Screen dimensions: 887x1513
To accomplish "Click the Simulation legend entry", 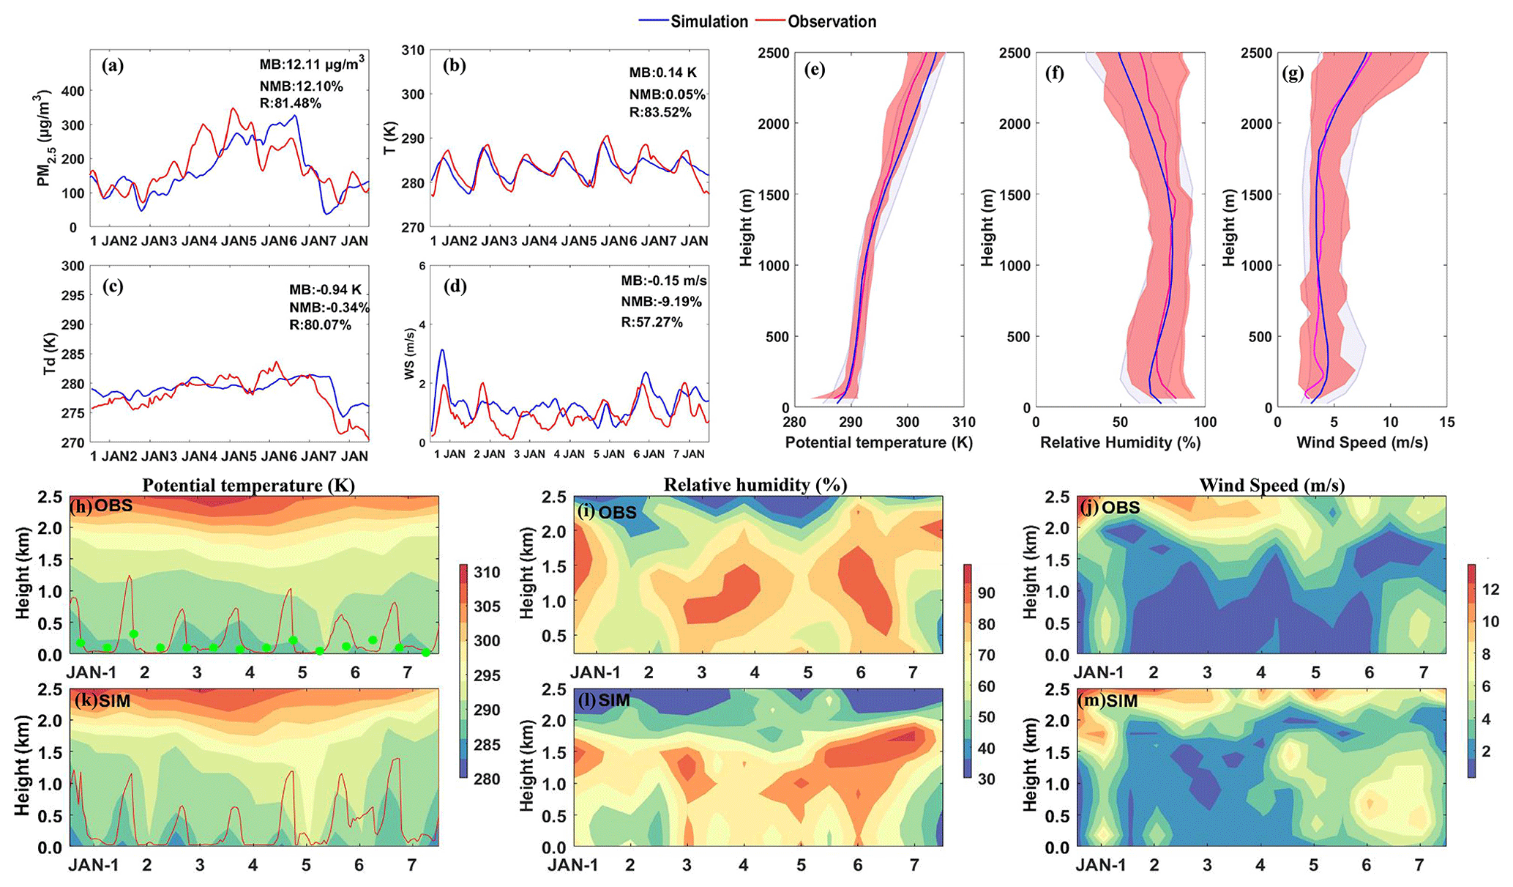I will point(709,22).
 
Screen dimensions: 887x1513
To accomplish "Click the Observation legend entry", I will point(832,22).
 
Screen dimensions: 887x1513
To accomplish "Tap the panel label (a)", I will point(113,66).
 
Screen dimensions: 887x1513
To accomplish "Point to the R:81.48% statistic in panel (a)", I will point(290,103).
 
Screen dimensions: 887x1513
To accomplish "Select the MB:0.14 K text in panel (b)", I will point(663,73).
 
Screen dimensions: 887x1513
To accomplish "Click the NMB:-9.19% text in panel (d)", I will point(661,301).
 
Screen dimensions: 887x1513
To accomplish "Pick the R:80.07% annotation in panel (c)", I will point(320,324).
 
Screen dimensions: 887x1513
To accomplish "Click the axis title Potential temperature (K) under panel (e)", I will point(878,442).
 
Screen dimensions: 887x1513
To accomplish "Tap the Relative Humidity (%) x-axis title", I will point(1120,442).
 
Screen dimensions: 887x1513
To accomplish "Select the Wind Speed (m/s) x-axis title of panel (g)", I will point(1361,442).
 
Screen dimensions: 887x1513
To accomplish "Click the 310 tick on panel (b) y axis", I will point(413,51).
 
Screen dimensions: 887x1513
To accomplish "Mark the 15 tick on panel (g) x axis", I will point(1446,422).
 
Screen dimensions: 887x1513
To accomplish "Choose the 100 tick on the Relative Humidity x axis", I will point(1205,422).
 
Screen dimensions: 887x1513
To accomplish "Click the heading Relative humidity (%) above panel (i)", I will point(755,485).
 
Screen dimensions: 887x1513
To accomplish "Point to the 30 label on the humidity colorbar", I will point(986,779).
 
